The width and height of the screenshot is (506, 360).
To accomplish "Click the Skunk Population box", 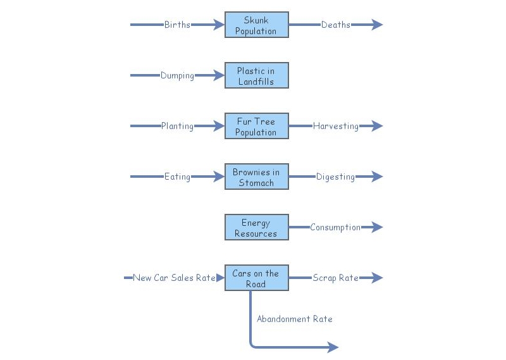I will coord(256,25).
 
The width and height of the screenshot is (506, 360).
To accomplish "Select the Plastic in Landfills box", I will coord(256,76).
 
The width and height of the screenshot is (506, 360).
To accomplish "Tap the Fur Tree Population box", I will coord(256,127).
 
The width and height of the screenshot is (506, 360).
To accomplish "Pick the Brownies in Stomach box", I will coord(256,177).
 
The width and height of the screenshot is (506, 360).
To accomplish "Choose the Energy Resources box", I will coord(256,228).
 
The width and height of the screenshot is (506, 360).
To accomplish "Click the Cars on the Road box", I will coord(256,278).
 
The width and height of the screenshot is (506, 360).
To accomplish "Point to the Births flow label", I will coord(177,25).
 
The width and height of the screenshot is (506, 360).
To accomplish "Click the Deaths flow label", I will coord(335,25).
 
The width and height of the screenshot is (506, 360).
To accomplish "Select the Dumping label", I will coord(177,76).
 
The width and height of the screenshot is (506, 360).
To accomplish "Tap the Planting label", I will coord(177,127).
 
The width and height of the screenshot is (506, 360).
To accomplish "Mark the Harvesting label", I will coord(335,127).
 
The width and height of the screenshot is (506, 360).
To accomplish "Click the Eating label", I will coord(177,177).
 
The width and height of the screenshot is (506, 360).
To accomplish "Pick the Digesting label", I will coord(335,177).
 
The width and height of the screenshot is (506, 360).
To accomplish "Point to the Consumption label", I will coord(335,228).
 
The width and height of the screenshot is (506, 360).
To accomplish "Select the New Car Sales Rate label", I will coord(174,278).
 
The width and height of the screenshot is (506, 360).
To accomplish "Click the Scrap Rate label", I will coord(335,278).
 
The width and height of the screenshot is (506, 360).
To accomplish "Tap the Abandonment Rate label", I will coord(294,320).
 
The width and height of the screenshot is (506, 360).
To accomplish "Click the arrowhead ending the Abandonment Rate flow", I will coord(333,347).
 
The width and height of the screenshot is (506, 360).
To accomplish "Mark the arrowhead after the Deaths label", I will coord(377,25).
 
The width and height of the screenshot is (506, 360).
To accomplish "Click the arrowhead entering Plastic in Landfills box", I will coord(219,76).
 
